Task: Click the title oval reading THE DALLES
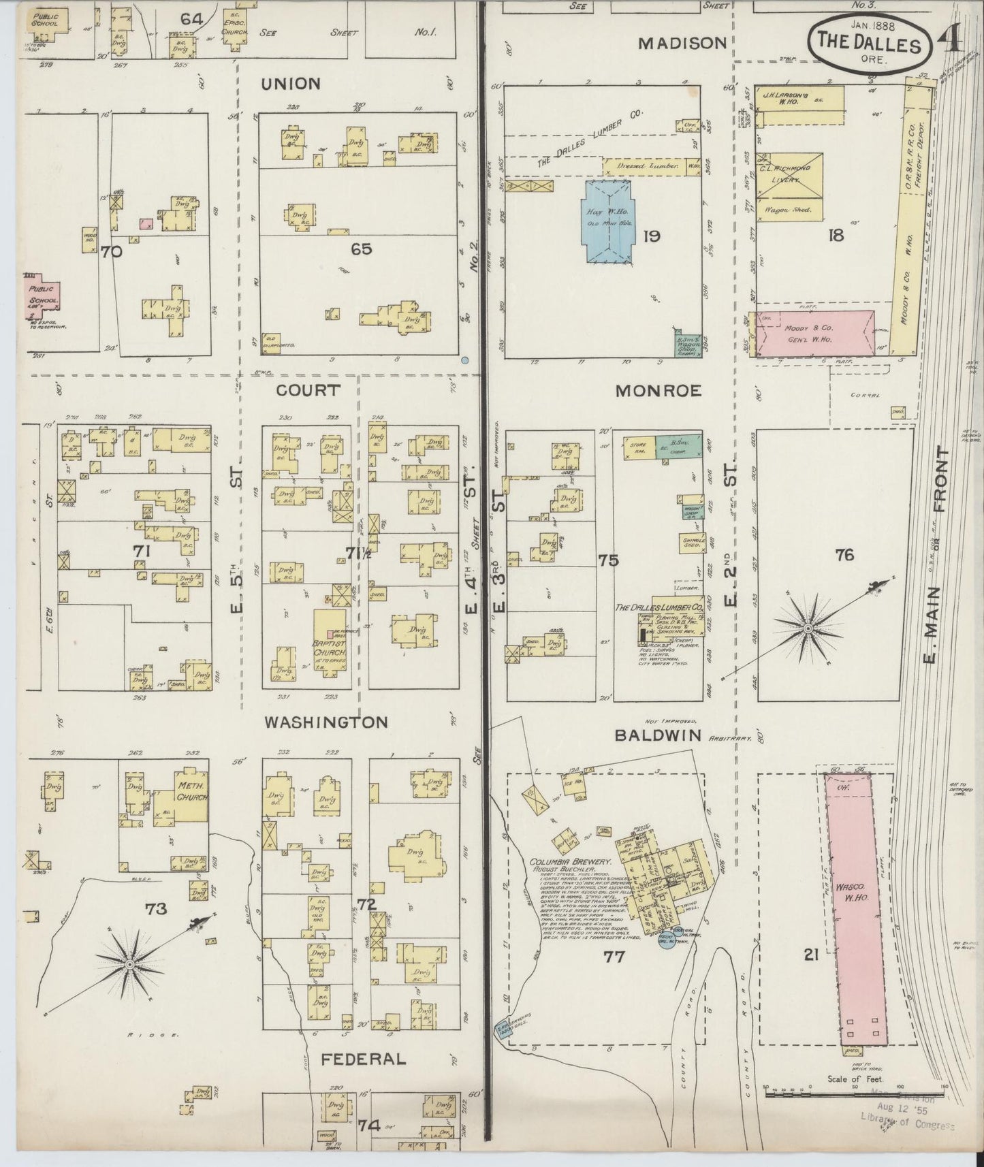(868, 43)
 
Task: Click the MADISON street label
(683, 43)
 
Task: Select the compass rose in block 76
(808, 627)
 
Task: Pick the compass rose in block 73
(129, 963)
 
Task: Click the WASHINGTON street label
(326, 722)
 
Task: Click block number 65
(361, 249)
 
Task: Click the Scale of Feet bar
(855, 1094)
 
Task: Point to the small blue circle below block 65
(465, 360)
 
